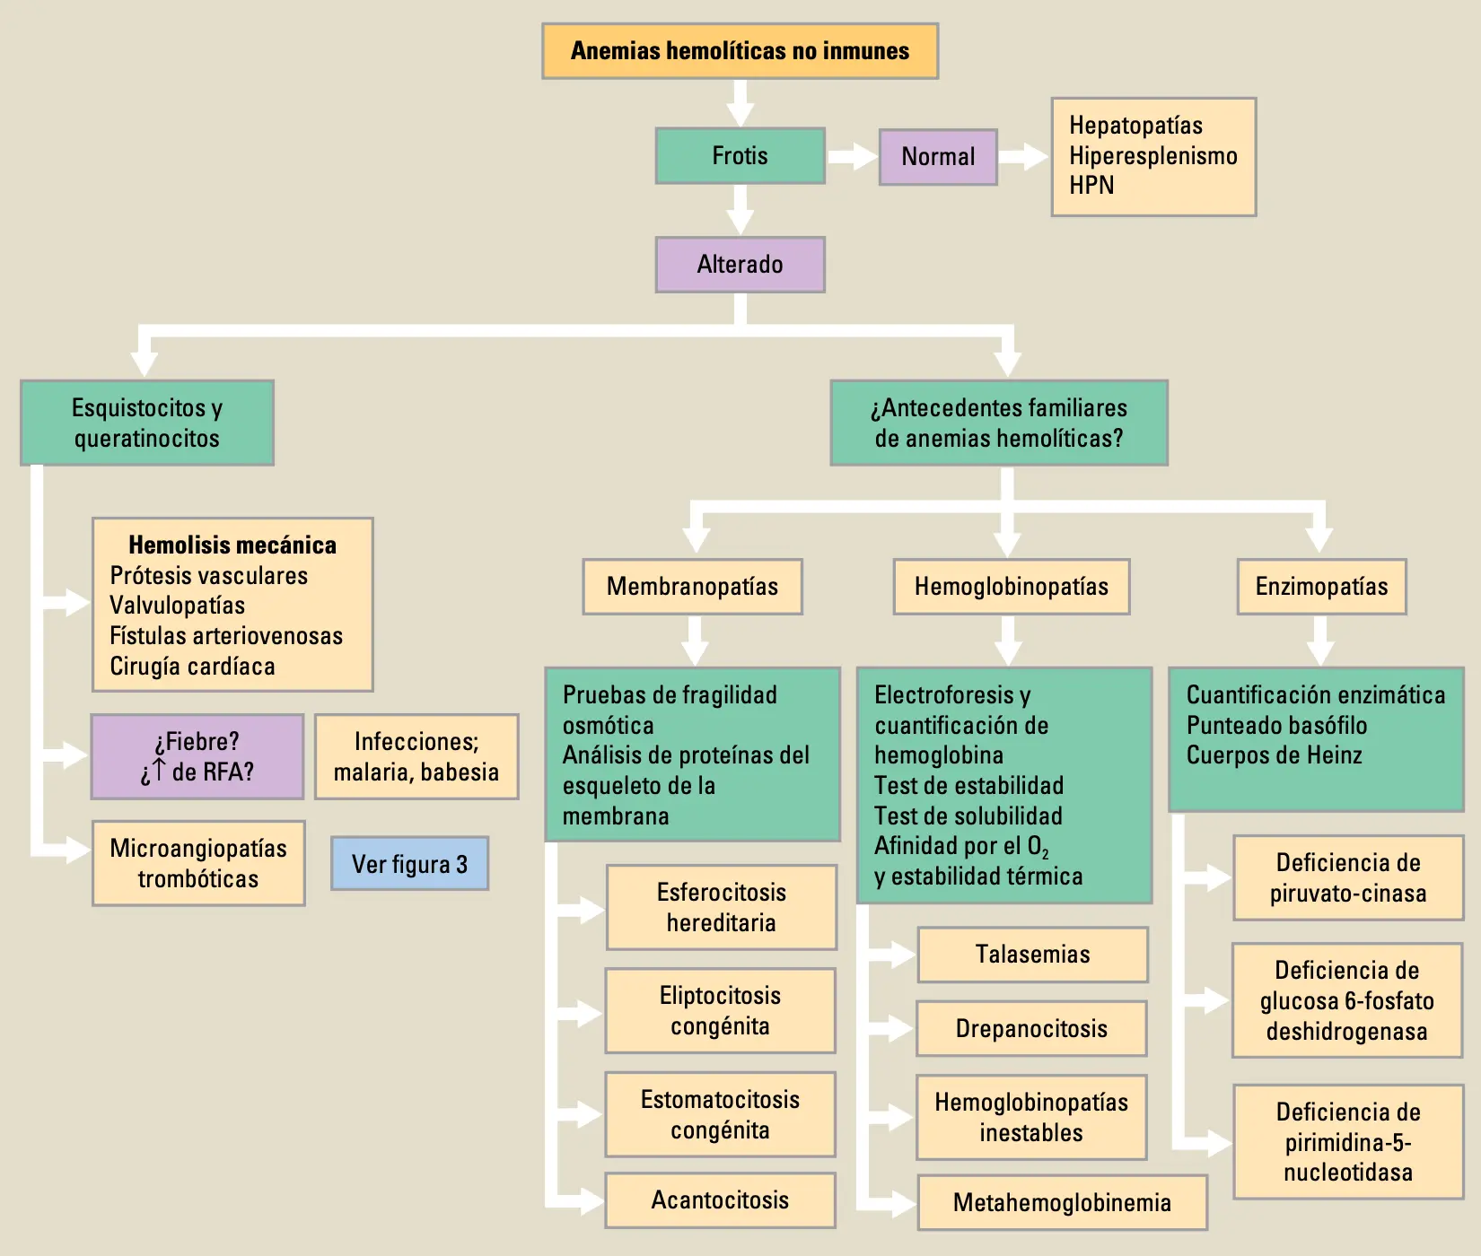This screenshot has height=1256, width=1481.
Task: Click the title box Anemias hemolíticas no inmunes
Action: [740, 51]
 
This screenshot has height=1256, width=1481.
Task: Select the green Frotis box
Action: [740, 156]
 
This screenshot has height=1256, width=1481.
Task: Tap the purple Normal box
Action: [938, 157]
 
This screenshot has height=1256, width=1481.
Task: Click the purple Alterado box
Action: [740, 265]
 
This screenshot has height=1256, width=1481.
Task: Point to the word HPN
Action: [1091, 186]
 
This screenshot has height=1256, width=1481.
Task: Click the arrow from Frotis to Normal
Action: [852, 157]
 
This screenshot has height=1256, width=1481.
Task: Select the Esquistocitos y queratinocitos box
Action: [147, 423]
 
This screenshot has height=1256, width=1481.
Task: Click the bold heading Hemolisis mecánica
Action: [232, 545]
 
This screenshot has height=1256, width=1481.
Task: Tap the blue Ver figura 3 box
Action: [409, 864]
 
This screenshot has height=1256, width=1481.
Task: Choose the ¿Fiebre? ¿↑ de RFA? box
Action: [197, 756]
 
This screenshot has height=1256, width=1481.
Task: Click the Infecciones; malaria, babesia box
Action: [416, 756]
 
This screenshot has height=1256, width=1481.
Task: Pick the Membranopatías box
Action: [692, 587]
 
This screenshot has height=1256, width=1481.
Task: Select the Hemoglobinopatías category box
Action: [1012, 587]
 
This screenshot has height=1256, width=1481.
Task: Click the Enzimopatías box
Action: [1321, 587]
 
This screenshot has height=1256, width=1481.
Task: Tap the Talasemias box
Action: [1032, 955]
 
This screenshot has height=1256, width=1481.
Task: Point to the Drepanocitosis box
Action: [1031, 1028]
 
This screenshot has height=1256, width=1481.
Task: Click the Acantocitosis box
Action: [720, 1200]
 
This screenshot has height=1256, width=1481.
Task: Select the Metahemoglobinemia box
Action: [1062, 1202]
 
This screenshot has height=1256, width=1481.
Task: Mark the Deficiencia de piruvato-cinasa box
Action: [1348, 877]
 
